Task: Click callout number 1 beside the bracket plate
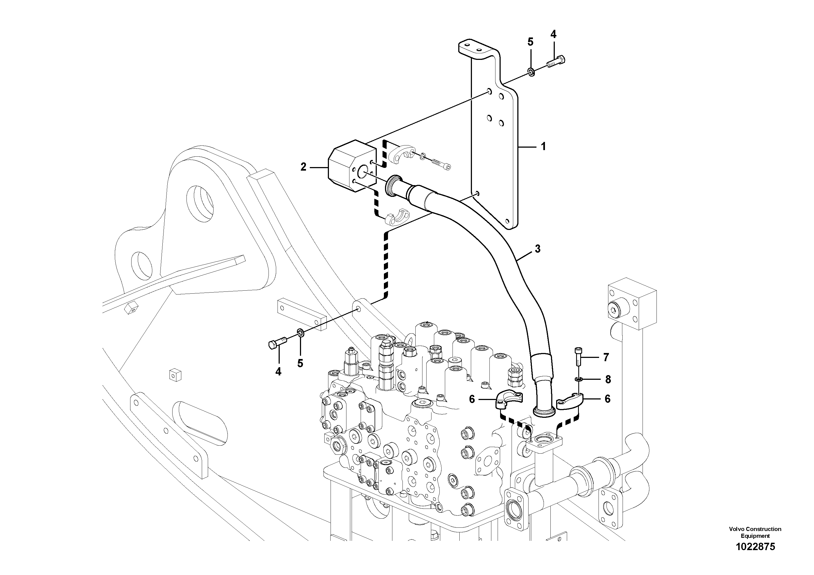point(543,146)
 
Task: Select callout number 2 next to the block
point(303,167)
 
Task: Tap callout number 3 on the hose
point(538,249)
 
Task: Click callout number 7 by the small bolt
point(606,357)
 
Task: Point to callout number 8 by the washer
point(608,380)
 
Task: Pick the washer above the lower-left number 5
point(300,333)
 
